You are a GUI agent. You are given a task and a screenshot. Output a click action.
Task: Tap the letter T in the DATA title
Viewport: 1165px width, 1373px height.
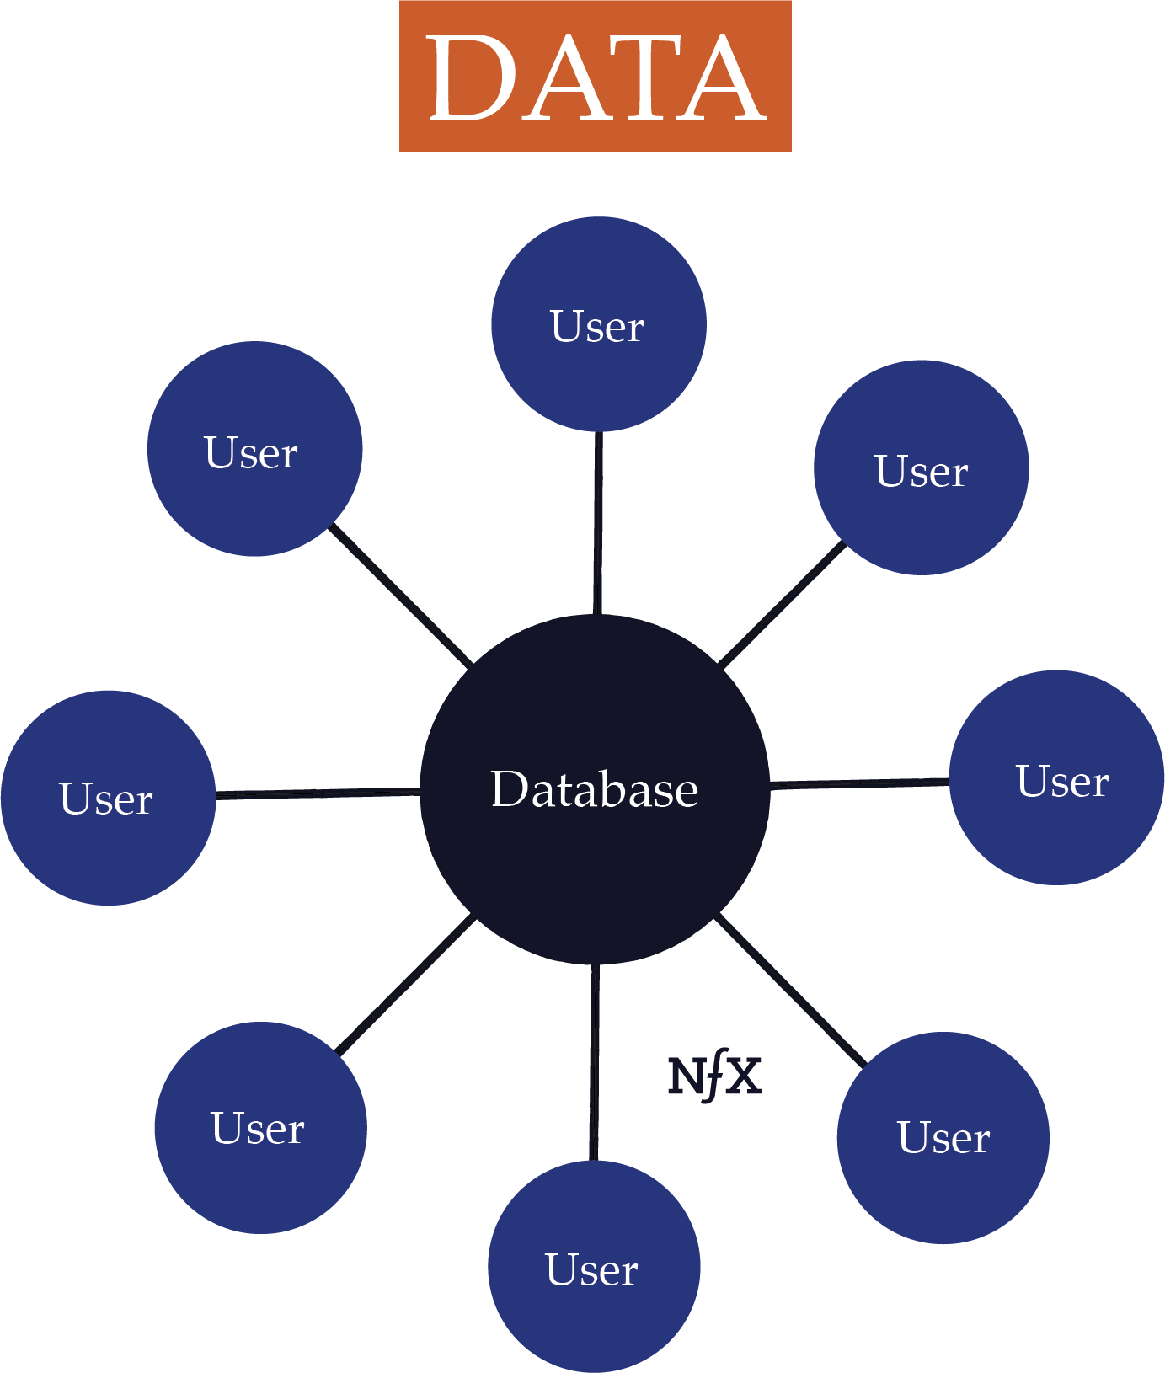[x=646, y=78]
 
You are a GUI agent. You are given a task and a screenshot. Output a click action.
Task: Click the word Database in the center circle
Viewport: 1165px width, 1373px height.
[x=595, y=789]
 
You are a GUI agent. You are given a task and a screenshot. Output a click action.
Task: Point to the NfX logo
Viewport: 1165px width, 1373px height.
[x=714, y=1077]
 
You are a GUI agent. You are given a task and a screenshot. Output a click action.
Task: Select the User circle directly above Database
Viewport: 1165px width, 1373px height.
[x=598, y=324]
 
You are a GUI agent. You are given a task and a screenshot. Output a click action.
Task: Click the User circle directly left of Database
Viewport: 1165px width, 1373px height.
[x=108, y=798]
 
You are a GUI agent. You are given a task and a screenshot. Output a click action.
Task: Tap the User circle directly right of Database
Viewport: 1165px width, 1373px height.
[x=1056, y=777]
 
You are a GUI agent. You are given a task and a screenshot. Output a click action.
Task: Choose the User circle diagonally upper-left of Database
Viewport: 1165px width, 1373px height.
[x=254, y=449]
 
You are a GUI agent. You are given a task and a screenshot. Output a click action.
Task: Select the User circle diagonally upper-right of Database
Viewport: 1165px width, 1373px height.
[x=921, y=467]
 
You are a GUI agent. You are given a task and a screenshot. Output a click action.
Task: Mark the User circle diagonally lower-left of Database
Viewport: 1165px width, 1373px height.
[x=260, y=1128]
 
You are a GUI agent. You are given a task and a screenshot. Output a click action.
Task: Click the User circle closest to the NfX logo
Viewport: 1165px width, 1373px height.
[x=943, y=1137]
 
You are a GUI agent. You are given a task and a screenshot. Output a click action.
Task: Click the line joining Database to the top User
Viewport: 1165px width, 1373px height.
[x=598, y=522]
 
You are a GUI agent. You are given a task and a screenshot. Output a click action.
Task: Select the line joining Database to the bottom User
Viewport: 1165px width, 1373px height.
[x=595, y=1061]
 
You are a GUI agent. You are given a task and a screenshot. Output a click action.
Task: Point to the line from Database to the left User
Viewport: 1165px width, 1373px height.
[x=318, y=793]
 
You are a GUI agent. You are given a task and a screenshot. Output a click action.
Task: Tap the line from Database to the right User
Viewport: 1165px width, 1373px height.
[x=859, y=783]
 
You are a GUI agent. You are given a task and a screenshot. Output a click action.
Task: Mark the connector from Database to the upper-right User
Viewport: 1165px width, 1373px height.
[x=782, y=604]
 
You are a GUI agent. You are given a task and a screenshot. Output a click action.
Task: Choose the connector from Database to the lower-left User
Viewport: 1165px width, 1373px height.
[x=406, y=986]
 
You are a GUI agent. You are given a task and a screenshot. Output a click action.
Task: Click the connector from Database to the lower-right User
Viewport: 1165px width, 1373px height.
[x=790, y=991]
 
